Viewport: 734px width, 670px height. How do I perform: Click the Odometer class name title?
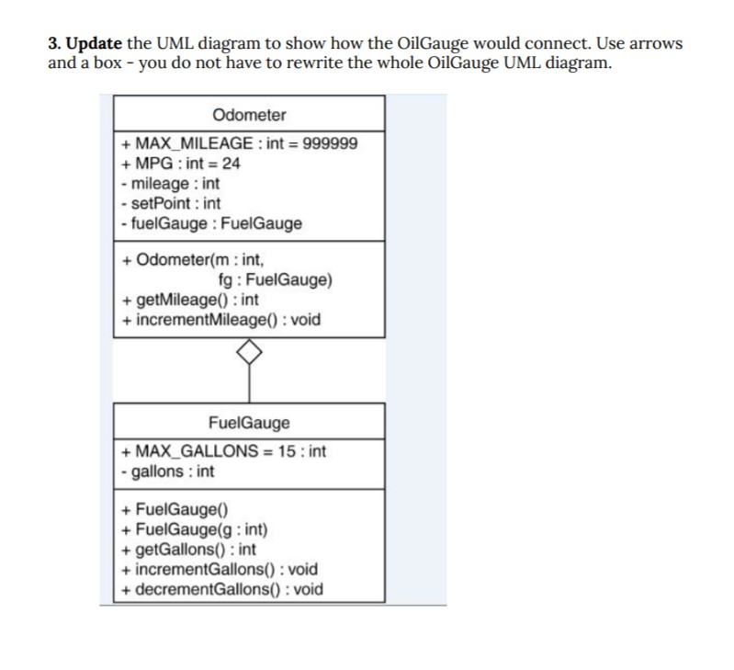[249, 116]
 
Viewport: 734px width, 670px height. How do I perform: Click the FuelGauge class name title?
[249, 423]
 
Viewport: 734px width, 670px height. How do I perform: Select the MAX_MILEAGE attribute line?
[240, 144]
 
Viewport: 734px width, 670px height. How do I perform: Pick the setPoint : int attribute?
[171, 203]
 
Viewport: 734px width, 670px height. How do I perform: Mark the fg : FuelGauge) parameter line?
[277, 280]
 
